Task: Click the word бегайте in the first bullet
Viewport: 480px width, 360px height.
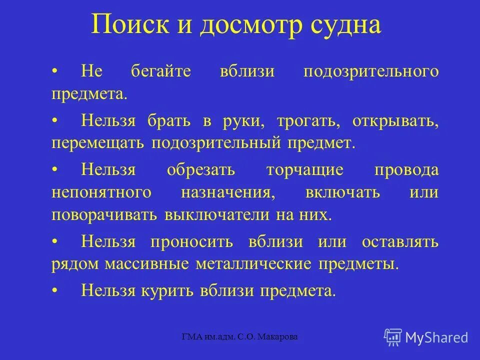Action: coord(161,70)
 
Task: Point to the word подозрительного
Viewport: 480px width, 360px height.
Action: coord(371,70)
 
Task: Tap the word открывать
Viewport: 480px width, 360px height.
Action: coord(395,120)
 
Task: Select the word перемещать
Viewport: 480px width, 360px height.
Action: coord(97,143)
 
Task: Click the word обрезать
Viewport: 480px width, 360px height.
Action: coord(201,169)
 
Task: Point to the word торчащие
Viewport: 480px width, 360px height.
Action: coord(305,169)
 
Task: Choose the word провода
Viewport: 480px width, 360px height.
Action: coord(406,169)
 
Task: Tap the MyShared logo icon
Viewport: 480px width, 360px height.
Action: coord(393,337)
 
